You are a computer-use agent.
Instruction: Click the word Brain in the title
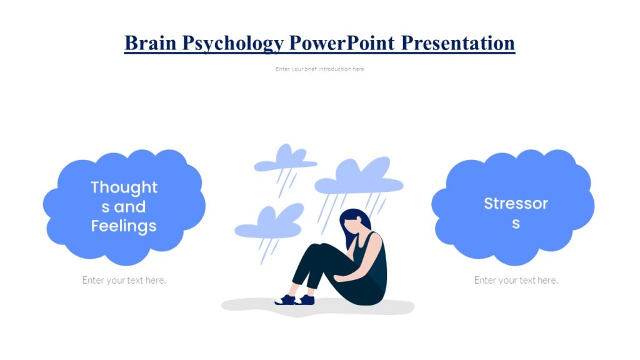151,42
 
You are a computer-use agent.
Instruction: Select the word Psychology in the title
232,42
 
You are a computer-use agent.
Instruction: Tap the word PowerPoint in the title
341,42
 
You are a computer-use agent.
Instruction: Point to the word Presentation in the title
458,42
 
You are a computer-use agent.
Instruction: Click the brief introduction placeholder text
319,69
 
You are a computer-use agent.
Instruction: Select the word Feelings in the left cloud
124,226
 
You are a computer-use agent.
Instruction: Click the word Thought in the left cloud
124,187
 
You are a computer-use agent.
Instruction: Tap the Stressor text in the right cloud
516,203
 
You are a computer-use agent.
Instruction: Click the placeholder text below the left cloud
124,280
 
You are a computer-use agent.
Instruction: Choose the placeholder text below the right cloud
516,280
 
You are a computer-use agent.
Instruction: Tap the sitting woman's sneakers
295,300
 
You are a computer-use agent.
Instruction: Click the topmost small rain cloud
285,159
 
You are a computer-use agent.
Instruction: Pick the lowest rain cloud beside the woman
269,225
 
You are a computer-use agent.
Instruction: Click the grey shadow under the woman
250,306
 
